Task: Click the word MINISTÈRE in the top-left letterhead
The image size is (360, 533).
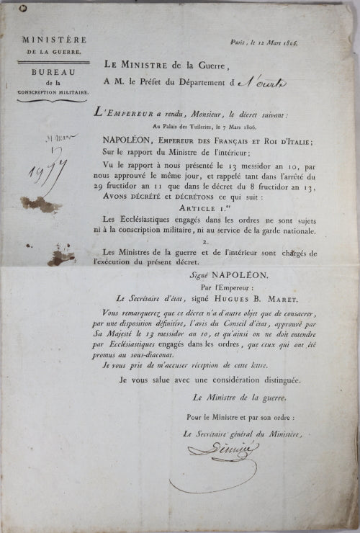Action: click(x=55, y=40)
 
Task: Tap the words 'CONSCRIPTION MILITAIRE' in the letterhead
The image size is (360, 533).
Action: click(x=55, y=92)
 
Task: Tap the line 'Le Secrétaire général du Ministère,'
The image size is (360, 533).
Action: click(x=242, y=434)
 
